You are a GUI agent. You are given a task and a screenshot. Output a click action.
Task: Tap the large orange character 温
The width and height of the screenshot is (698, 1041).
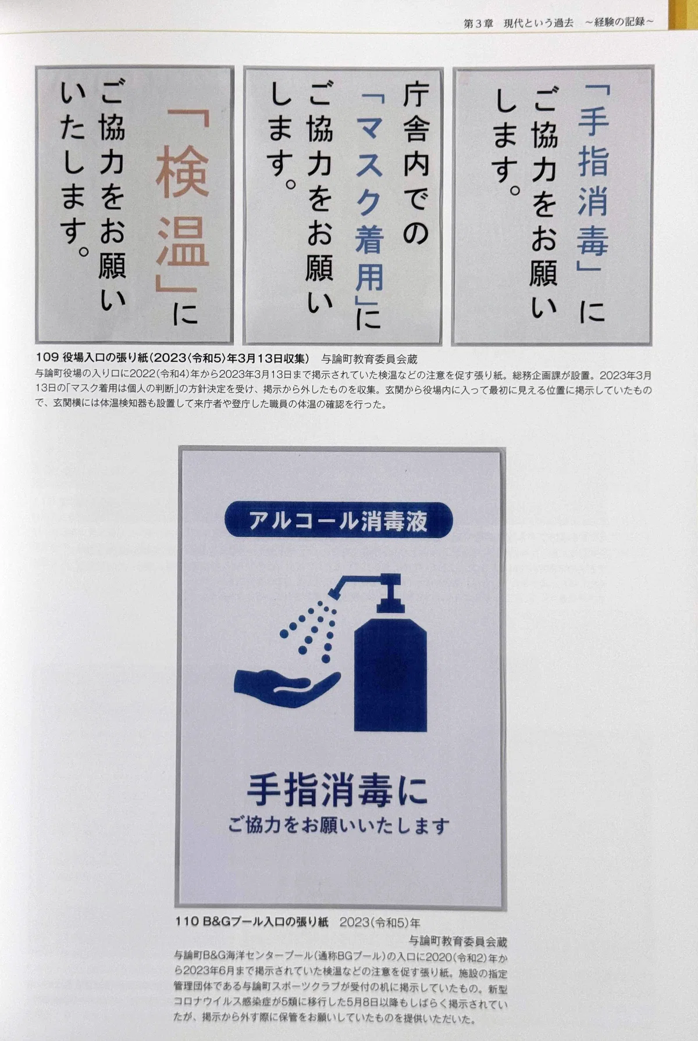183,242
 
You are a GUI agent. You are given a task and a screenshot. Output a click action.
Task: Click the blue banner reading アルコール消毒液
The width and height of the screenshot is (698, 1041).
338,520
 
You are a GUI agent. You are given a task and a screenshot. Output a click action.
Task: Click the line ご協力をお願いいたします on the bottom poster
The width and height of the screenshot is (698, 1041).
339,825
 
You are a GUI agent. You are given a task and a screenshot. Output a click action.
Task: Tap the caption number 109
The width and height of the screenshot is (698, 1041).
47,357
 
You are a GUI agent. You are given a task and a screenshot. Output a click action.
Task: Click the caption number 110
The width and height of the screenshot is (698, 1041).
187,921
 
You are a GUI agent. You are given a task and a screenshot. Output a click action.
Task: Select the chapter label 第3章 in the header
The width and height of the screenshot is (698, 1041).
478,23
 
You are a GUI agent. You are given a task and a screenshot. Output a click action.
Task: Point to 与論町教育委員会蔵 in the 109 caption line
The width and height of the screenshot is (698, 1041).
369,359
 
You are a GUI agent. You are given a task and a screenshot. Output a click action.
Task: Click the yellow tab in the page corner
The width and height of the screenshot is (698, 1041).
684,15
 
